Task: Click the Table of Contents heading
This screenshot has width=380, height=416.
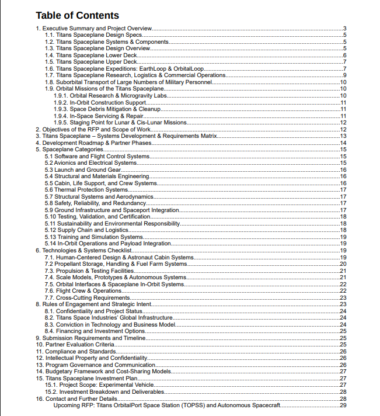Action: pyautogui.click(x=77, y=16)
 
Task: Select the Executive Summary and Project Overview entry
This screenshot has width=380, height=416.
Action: pyautogui.click(x=93, y=29)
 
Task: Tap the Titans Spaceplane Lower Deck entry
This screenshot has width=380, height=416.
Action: pyautogui.click(x=91, y=55)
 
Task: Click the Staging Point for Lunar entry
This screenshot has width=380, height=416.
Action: pyautogui.click(x=120, y=123)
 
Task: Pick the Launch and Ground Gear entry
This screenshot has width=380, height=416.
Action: pyautogui.click(x=75, y=170)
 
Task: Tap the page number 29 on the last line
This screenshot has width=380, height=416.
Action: pyautogui.click(x=343, y=405)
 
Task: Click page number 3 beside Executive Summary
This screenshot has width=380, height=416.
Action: pyautogui.click(x=345, y=29)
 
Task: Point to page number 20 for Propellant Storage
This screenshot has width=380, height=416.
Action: pyautogui.click(x=343, y=264)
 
